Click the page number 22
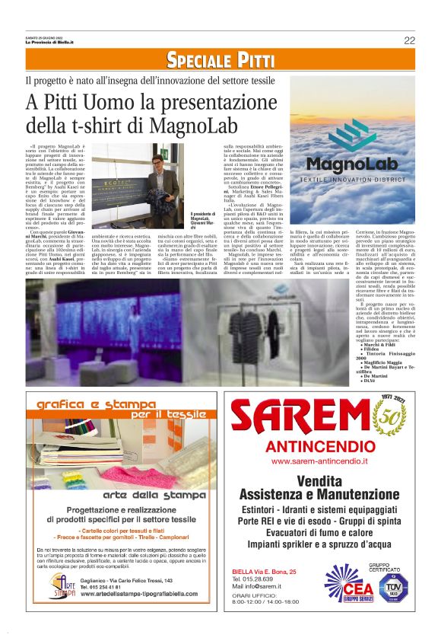[x=409, y=40]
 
